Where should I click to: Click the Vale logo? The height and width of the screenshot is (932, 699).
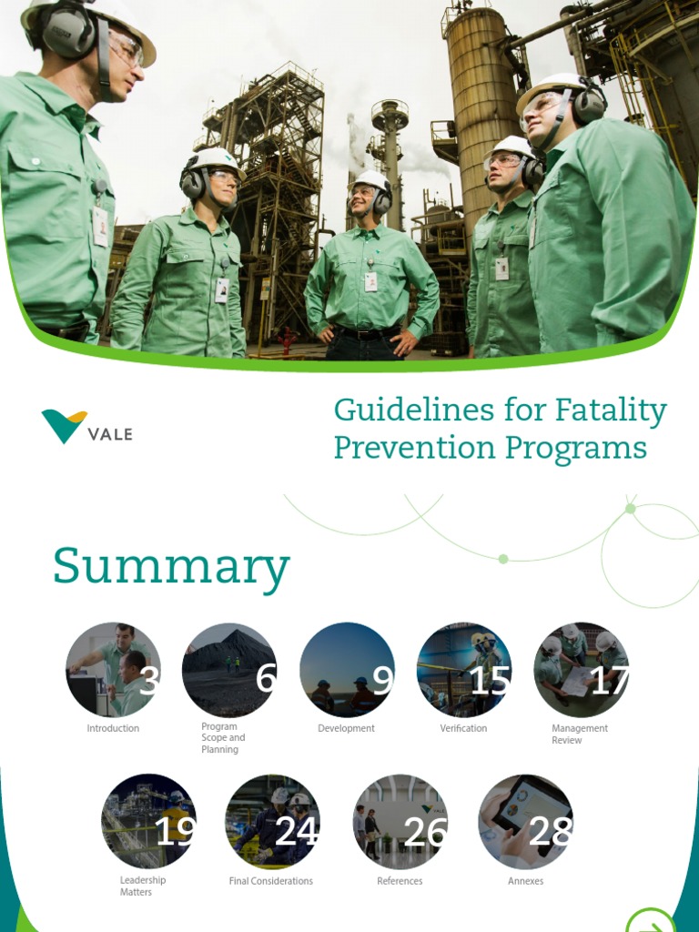point(86,427)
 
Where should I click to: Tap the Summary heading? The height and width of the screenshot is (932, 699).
point(171,567)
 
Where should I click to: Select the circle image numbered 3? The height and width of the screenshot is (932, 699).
point(113,670)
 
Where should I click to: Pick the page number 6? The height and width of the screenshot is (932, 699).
point(265,679)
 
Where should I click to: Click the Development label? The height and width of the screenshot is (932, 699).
point(346,729)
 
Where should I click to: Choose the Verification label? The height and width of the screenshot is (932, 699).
point(463,729)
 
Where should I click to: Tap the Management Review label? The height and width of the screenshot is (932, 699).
point(579,734)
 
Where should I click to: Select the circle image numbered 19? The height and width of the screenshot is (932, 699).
point(148,821)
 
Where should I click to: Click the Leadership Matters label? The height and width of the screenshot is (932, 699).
point(142,886)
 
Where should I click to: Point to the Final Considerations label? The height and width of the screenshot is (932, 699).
point(270,881)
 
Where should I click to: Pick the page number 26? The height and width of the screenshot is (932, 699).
point(424,831)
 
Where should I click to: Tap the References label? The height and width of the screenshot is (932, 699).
point(400,881)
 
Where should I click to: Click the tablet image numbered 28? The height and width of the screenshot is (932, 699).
point(525,821)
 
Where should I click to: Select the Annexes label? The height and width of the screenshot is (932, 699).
point(525,881)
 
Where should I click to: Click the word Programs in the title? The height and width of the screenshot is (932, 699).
point(587,449)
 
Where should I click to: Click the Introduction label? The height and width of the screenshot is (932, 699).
point(113,729)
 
